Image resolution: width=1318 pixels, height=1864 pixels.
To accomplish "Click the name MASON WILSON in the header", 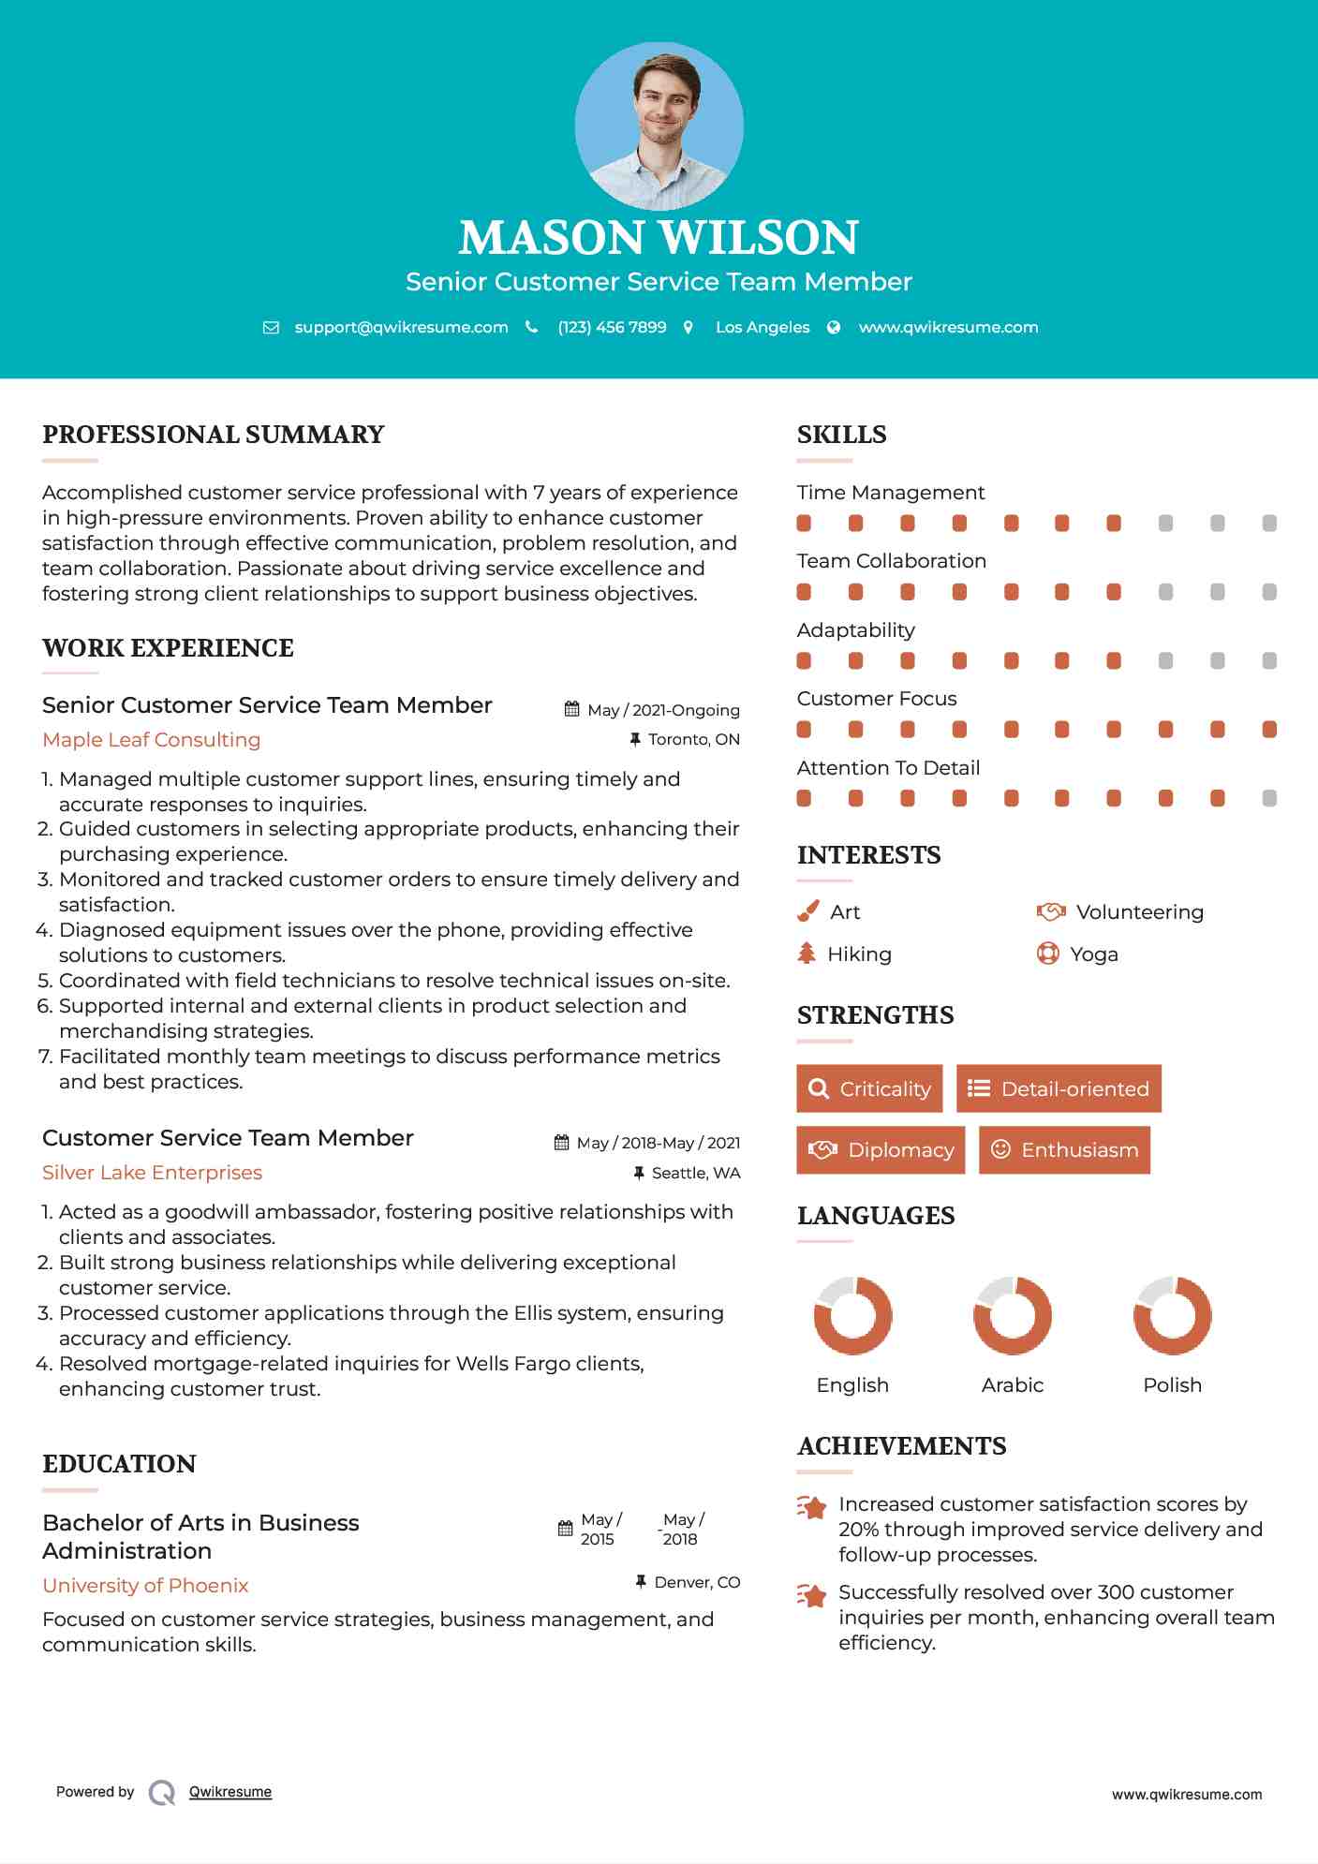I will pyautogui.click(x=659, y=238).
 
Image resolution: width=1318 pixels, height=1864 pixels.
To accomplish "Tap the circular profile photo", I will pyautogui.click(x=659, y=126).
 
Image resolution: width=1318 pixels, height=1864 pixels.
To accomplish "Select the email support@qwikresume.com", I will pyautogui.click(x=401, y=327).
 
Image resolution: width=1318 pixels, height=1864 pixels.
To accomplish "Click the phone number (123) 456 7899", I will pyautogui.click(x=612, y=327).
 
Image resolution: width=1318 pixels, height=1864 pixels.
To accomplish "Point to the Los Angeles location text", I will pyautogui.click(x=763, y=327).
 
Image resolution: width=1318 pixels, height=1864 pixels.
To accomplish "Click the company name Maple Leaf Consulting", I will pyautogui.click(x=152, y=740).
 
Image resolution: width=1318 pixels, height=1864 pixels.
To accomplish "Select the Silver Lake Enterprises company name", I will pyautogui.click(x=152, y=1173).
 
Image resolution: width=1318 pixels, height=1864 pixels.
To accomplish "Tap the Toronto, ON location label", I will pyautogui.click(x=693, y=739).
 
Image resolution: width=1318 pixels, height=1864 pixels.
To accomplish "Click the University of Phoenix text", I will pyautogui.click(x=145, y=1586).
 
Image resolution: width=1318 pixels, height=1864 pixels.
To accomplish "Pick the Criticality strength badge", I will pyautogui.click(x=869, y=1088).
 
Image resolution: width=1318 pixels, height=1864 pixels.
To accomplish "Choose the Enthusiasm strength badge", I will pyautogui.click(x=1064, y=1150).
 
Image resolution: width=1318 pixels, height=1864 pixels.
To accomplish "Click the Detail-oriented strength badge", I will pyautogui.click(x=1059, y=1088).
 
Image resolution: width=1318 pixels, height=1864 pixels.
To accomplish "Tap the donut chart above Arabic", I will pyautogui.click(x=1013, y=1315).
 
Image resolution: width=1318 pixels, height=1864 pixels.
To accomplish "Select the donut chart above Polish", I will pyautogui.click(x=1172, y=1315).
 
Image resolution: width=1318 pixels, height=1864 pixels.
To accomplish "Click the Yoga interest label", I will pyautogui.click(x=1094, y=954).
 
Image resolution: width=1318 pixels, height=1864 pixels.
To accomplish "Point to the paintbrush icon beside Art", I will pyautogui.click(x=807, y=911).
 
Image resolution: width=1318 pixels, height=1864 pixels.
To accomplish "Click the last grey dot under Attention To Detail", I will pyautogui.click(x=1269, y=798).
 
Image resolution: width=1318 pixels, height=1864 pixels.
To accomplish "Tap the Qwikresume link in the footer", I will pyautogui.click(x=230, y=1792).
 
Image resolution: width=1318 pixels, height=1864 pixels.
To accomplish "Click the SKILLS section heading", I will pyautogui.click(x=841, y=435).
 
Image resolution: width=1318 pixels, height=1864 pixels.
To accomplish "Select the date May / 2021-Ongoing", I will pyautogui.click(x=663, y=710).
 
